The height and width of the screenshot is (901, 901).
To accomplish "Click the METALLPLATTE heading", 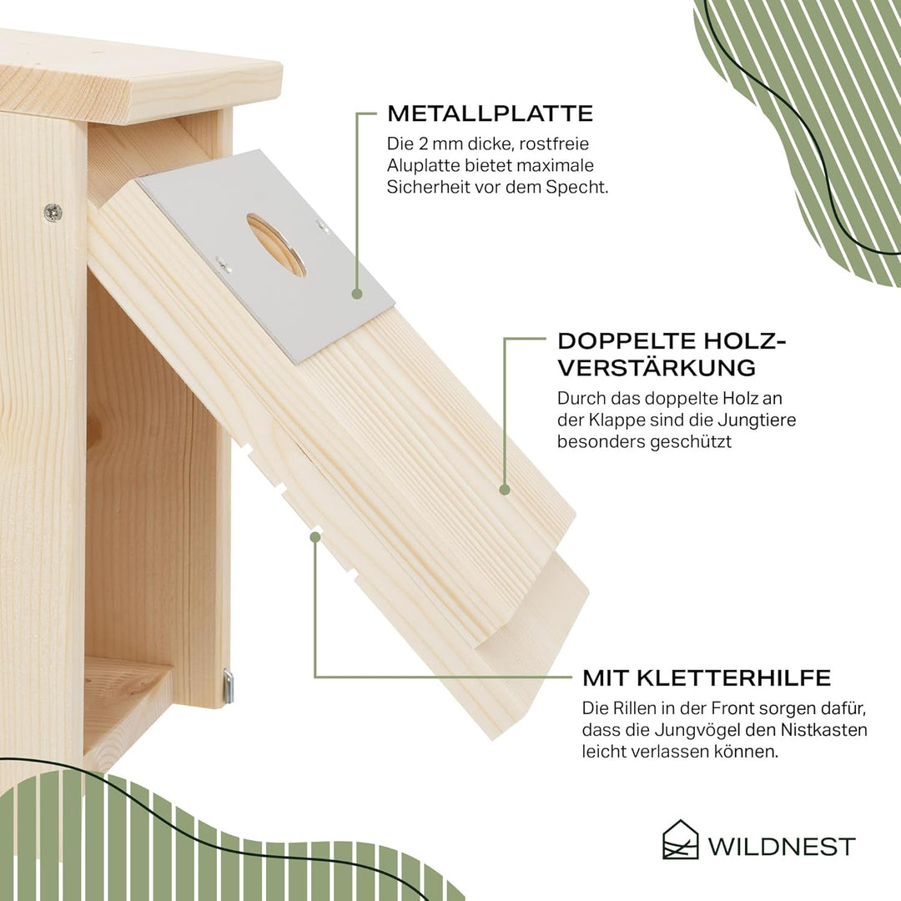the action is pos(491,113).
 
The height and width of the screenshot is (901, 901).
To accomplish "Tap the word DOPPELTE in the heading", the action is pos(619,340).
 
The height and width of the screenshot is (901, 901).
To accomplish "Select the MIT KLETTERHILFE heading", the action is pos(707,677).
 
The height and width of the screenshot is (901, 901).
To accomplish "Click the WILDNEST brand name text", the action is pos(781,847).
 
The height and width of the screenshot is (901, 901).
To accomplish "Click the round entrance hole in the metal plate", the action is pos(276,244).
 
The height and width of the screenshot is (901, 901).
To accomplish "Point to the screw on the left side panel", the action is pos(53,212).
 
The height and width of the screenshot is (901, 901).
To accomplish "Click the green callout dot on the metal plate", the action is pos(357,294).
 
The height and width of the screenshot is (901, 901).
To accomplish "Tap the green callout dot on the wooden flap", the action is pos(505,490).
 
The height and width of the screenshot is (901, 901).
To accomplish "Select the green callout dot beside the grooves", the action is pos(315,537).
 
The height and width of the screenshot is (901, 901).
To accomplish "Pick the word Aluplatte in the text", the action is pos(424,165).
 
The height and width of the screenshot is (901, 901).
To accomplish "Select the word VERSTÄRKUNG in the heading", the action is pos(657,368).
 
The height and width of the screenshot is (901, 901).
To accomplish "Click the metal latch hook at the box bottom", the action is pos(228,686).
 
